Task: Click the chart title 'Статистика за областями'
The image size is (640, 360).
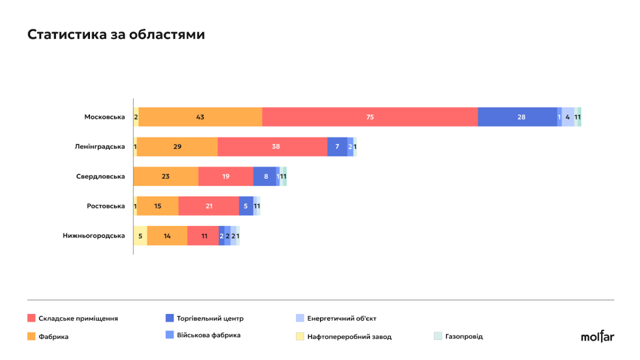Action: coord(116,35)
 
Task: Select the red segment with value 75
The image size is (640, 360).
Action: coord(369,117)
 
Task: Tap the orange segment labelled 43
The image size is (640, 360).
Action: coord(200,117)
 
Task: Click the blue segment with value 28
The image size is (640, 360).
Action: coord(517,117)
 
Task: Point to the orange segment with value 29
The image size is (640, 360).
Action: coord(177,146)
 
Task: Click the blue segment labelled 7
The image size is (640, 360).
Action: coord(337,146)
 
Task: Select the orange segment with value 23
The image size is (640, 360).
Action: coord(166,176)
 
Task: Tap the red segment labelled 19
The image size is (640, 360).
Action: coord(225,176)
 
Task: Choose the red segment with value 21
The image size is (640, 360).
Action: coord(208,206)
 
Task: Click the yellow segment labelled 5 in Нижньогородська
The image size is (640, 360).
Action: coord(140,236)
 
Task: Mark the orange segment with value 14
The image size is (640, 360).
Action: coord(167,236)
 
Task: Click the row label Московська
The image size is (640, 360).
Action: coord(104,117)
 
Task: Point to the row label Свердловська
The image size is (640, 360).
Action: coord(100,176)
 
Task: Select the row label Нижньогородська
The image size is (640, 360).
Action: coord(94,236)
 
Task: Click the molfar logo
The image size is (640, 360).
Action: coord(597,336)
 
